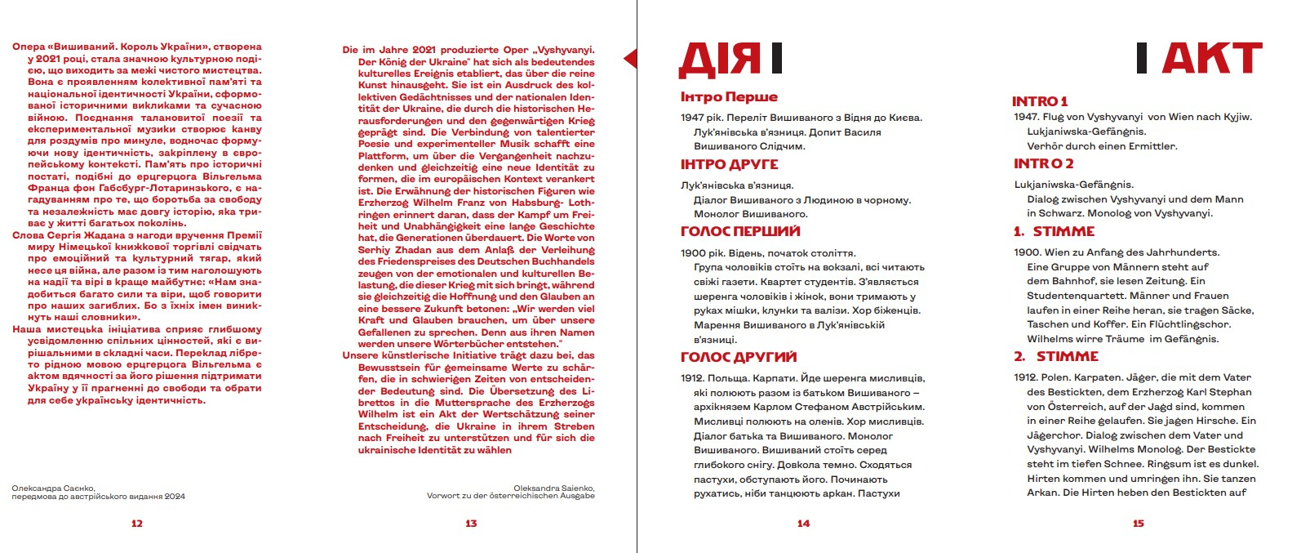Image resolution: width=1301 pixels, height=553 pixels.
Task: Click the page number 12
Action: coord(137,524)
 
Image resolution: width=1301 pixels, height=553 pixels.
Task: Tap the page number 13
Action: coord(471,524)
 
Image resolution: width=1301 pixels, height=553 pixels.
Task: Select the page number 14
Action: coord(803,524)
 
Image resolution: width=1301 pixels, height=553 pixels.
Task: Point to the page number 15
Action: coord(1139,524)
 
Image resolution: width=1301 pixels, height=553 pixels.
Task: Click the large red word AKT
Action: coord(1211,59)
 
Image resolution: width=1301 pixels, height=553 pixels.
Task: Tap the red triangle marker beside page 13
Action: coord(629,59)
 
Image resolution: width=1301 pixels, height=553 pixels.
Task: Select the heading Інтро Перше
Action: coord(729,97)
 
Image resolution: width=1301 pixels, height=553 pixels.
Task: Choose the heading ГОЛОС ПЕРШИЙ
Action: coord(740,232)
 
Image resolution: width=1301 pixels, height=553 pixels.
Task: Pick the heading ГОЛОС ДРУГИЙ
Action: coord(739,357)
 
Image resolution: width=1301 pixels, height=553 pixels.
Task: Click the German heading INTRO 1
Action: coord(1040,101)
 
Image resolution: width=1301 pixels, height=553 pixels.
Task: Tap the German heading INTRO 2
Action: coord(1043,163)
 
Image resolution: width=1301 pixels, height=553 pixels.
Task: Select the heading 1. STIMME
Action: coord(1054,232)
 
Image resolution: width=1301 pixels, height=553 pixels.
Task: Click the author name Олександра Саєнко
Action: coord(53,488)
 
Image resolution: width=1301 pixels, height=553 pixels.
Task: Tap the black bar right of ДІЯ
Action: coord(776,58)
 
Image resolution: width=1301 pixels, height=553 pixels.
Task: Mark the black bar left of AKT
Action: coord(1142,58)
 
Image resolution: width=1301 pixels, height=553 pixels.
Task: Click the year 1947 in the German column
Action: coord(1026,117)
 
